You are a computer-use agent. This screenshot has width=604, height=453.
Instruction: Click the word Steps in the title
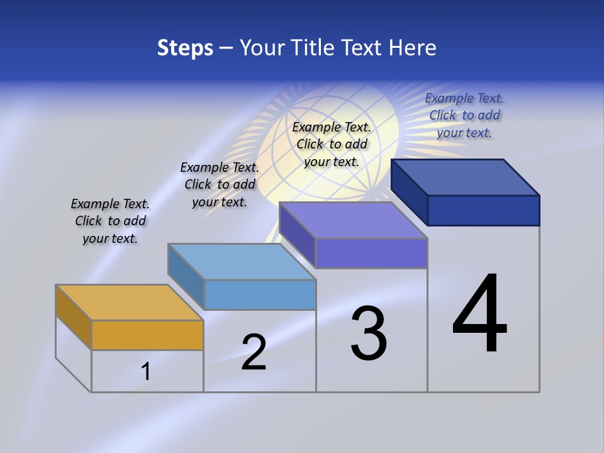coord(185,48)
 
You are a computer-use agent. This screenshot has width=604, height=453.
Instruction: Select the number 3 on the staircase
coord(369,333)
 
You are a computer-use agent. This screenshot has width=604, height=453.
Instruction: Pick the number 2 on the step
coord(254,352)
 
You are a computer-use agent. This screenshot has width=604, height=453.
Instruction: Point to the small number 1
coord(146,371)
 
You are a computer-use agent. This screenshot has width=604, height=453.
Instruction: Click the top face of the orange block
coord(130,303)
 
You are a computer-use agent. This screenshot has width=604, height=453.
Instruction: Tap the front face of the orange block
coord(147,335)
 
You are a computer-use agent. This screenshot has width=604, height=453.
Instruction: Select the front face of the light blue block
coord(260,295)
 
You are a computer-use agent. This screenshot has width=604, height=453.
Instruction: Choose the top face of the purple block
coord(354,220)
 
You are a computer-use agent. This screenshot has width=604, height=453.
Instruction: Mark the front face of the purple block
coord(371,254)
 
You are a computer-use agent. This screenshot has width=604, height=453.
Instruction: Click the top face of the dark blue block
coord(466,177)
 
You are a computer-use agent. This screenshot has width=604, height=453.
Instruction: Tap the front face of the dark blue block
coord(483,210)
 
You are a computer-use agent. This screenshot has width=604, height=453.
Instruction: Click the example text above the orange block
coord(110,221)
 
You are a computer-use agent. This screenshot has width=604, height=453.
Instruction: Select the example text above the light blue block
coord(220,184)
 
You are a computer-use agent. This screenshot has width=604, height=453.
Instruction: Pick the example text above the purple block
coord(332,144)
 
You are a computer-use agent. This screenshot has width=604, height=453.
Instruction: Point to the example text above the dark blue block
coord(464,115)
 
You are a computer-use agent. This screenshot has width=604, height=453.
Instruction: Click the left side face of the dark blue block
coord(410,192)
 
